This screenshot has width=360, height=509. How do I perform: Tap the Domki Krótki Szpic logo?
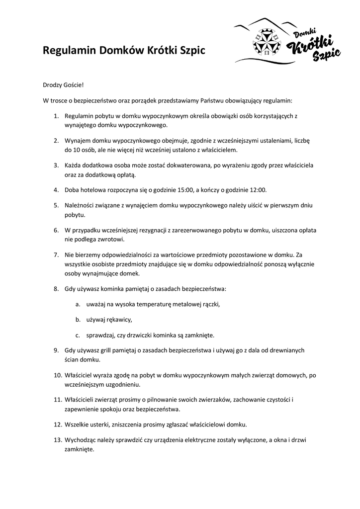point(287,41)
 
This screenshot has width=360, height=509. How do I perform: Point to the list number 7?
point(56,255)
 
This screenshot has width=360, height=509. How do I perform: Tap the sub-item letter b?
point(78,319)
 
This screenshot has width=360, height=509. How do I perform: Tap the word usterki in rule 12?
point(99,424)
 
